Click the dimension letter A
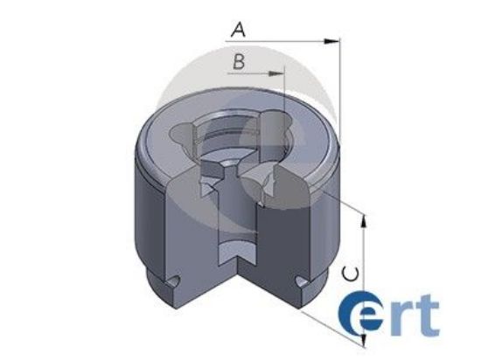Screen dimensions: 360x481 (x=237, y=30)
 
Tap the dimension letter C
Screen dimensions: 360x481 (x=349, y=273)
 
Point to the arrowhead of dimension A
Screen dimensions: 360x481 (x=332, y=40)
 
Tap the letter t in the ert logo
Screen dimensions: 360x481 (x=428, y=318)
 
